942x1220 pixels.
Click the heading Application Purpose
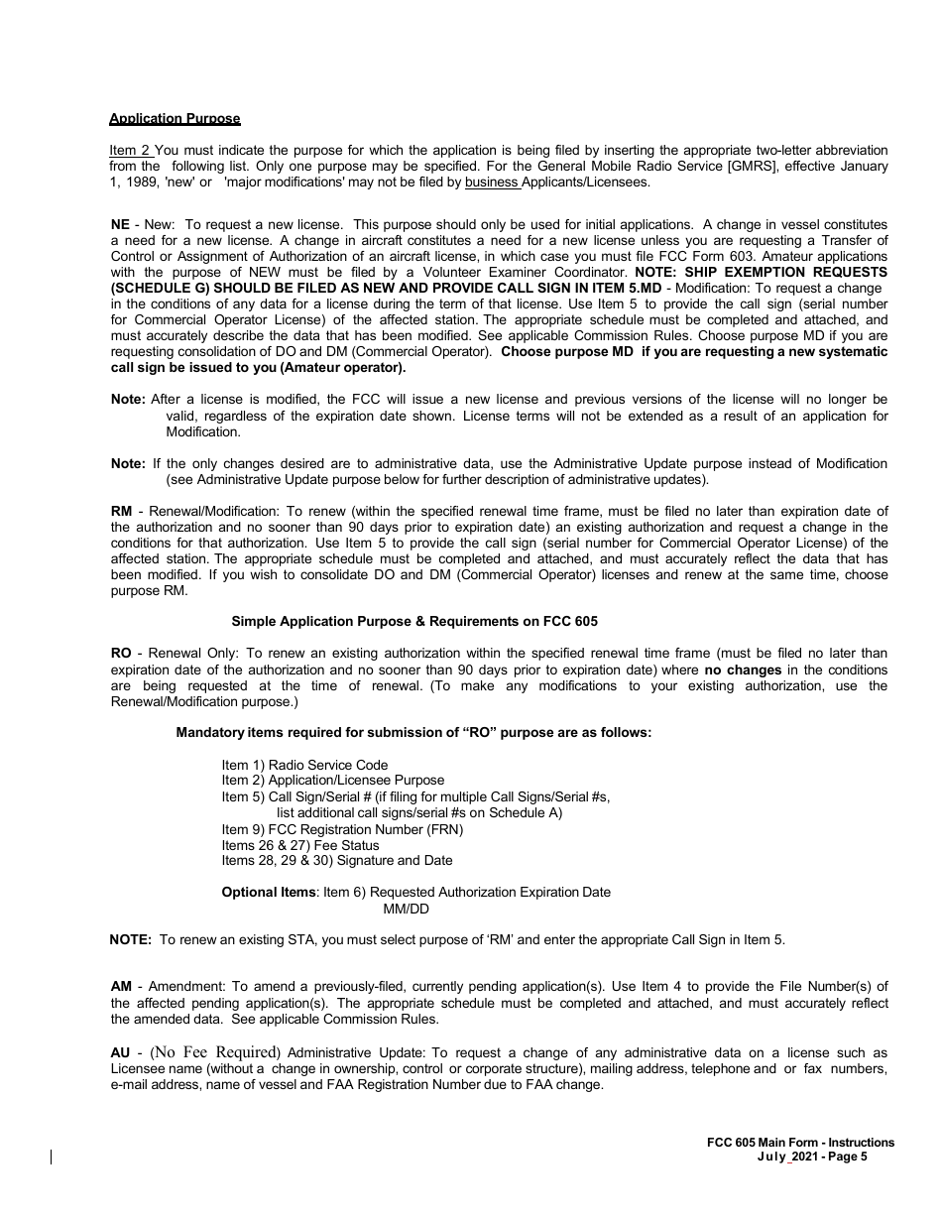point(175,119)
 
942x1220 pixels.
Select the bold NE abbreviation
point(120,225)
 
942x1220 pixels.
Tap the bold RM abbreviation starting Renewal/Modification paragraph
point(121,511)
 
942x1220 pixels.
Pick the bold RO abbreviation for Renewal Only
point(121,653)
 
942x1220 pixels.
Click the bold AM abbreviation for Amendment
point(121,986)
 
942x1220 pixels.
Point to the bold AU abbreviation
point(121,1052)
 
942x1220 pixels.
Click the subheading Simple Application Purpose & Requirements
point(414,621)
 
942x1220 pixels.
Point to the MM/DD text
point(406,909)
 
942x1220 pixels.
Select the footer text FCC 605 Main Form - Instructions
point(793,1143)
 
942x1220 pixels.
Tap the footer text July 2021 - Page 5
point(811,1157)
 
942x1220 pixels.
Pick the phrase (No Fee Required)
point(215,1052)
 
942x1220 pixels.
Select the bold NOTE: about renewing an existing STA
point(131,939)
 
